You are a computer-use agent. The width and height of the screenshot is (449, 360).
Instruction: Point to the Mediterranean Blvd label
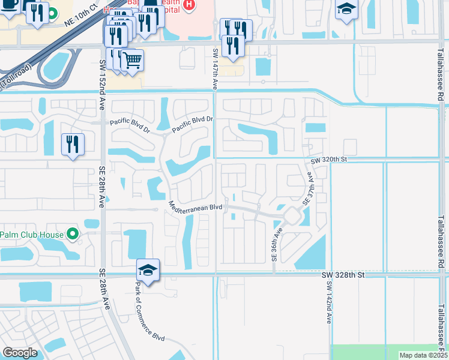[196, 207]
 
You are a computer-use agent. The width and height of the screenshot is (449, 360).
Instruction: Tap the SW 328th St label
[343, 275]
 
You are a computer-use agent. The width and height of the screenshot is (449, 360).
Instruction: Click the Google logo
[20, 353]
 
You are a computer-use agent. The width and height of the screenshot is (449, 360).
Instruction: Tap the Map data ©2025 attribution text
[423, 355]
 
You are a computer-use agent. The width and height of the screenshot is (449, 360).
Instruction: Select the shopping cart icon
[134, 59]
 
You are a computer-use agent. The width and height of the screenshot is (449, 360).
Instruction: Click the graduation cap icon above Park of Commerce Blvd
[148, 270]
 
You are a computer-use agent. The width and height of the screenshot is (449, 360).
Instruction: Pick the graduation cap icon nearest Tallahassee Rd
[346, 10]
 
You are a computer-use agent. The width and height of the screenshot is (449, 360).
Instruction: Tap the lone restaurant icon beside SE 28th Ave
[73, 144]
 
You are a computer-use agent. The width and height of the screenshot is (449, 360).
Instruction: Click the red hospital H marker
[189, 5]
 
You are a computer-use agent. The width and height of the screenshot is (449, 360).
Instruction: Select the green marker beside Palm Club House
[73, 234]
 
